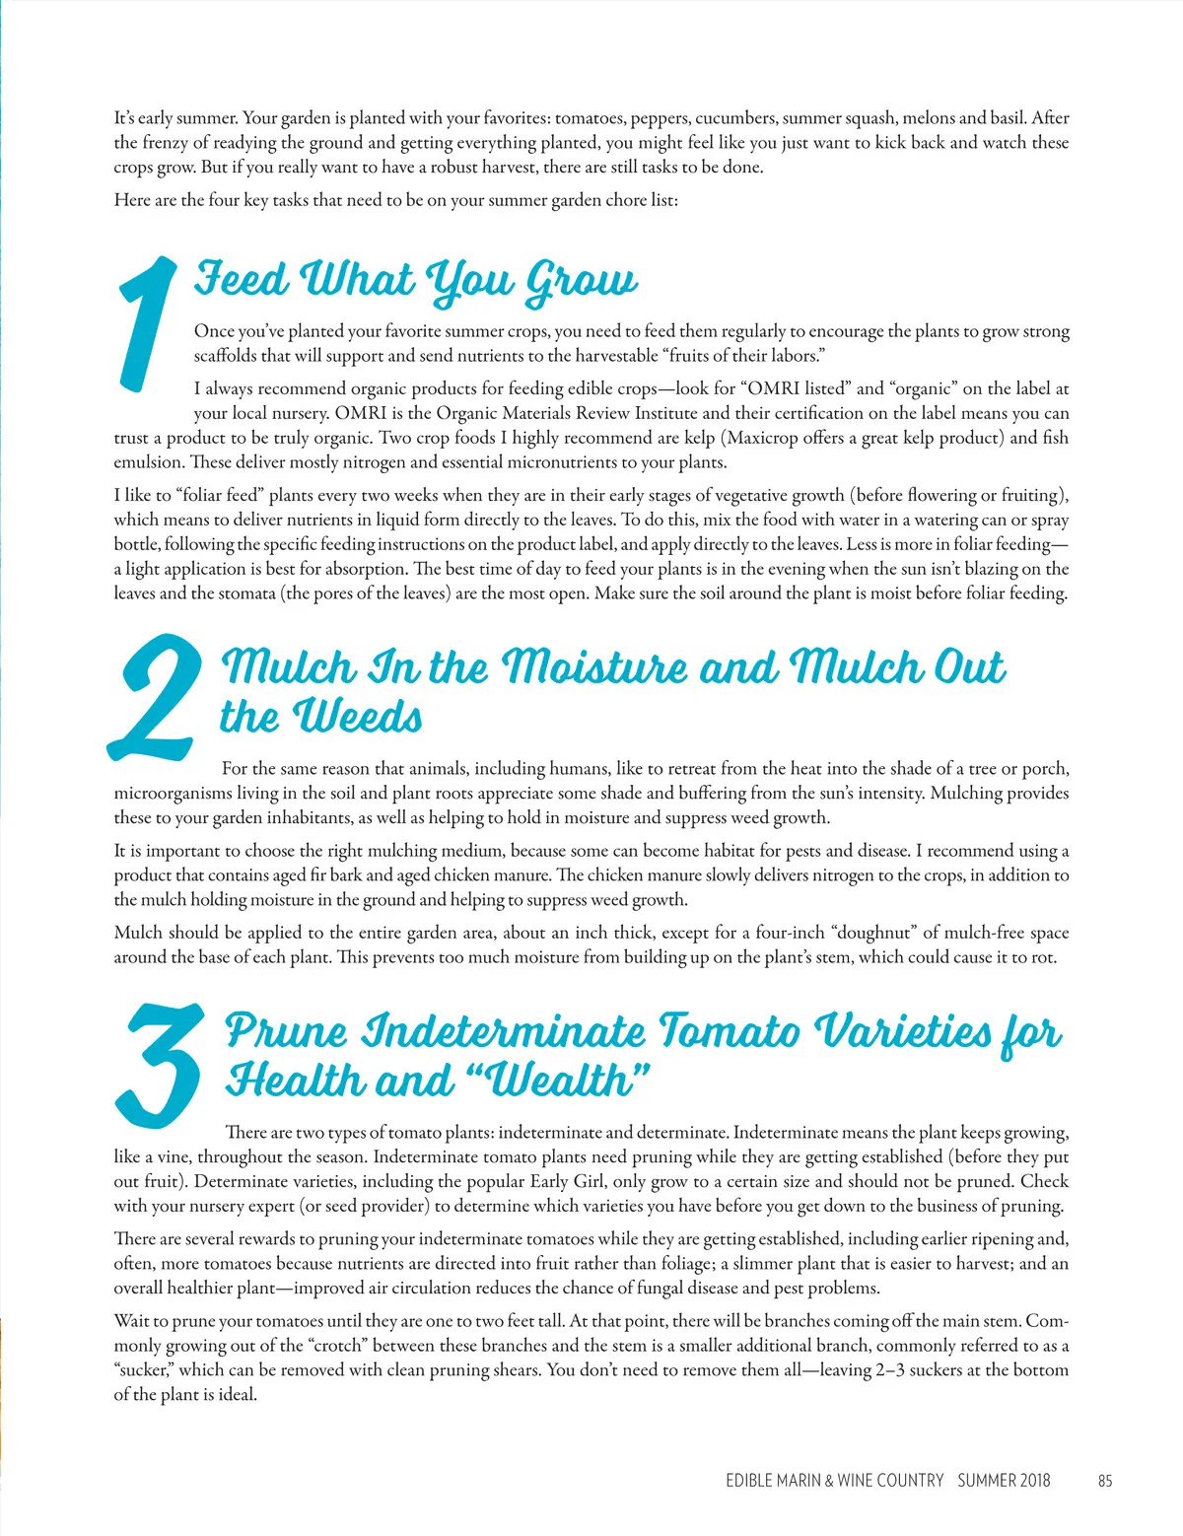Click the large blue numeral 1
click(148, 323)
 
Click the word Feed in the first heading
click(241, 279)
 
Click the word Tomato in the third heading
click(730, 1031)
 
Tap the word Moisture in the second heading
click(595, 667)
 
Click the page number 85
click(1104, 1480)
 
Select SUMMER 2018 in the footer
click(1004, 1480)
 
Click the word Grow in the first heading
click(582, 281)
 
